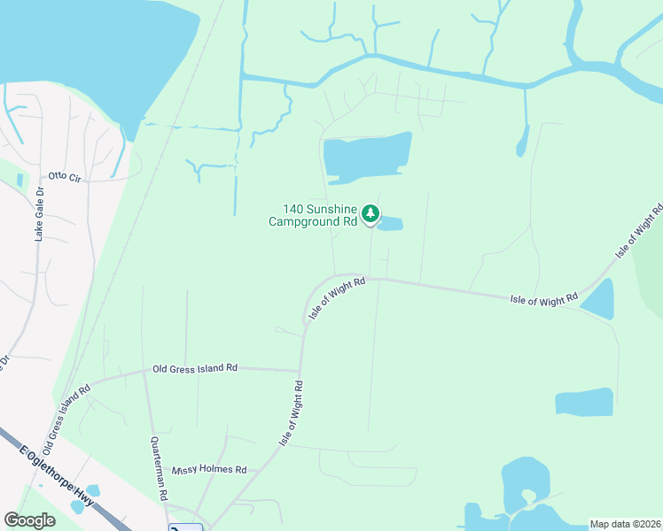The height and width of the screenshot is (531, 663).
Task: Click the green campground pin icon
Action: [370, 214]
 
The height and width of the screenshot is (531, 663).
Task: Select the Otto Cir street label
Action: [65, 178]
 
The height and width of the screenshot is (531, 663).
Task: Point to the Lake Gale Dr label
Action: [38, 215]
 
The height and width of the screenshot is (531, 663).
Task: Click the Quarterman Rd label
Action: [159, 469]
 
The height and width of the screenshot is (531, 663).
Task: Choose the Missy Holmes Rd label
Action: [209, 470]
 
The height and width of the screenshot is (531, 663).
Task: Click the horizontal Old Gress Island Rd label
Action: [195, 368]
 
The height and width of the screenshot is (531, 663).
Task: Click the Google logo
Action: [30, 520]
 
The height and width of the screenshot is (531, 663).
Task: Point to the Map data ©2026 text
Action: [625, 524]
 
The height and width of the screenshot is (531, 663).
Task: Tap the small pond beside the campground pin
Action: [390, 224]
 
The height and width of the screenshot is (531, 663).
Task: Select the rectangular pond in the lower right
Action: [583, 402]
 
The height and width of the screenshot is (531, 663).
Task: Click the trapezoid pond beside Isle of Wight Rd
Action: [598, 300]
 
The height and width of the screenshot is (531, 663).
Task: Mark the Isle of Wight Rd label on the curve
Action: [337, 298]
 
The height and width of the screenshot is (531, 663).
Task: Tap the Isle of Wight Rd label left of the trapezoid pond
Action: [543, 299]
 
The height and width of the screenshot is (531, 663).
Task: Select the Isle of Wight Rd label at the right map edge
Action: [638, 230]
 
